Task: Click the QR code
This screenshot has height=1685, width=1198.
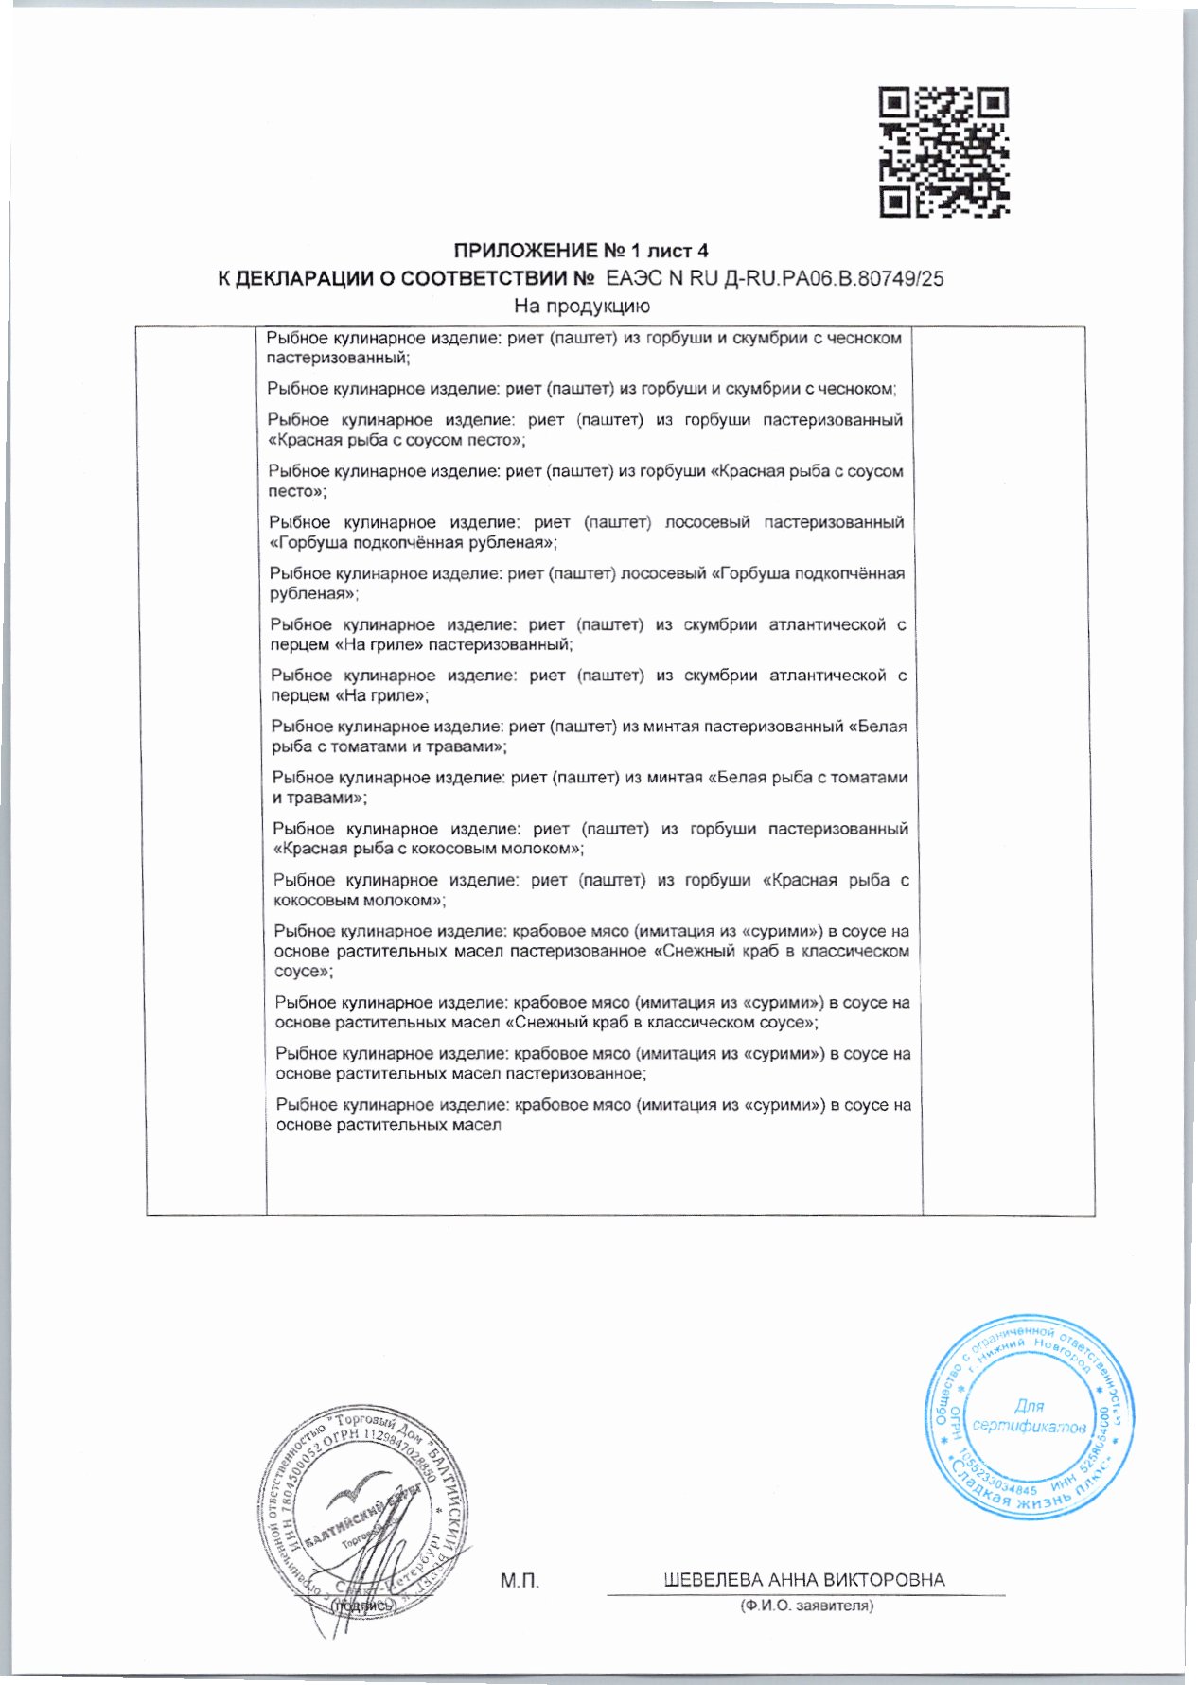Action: (x=943, y=151)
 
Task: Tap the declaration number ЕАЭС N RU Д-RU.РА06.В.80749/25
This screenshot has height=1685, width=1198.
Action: (x=774, y=279)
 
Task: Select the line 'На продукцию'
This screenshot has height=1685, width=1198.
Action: (x=582, y=306)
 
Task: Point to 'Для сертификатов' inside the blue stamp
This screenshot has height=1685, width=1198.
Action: (x=1029, y=1416)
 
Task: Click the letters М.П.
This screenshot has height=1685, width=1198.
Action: (x=520, y=1580)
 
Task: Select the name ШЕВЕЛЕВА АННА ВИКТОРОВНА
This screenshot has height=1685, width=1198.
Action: (x=804, y=1580)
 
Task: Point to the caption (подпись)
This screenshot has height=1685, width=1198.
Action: (x=360, y=1606)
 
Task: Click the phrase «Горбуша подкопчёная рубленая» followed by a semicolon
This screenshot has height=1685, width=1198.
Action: (x=414, y=543)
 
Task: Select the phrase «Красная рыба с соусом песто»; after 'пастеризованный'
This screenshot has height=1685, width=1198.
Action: (x=396, y=441)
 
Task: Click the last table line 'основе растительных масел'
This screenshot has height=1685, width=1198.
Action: (x=388, y=1125)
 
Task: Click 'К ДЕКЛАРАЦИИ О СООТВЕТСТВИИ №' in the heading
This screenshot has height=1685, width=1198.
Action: (x=405, y=279)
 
